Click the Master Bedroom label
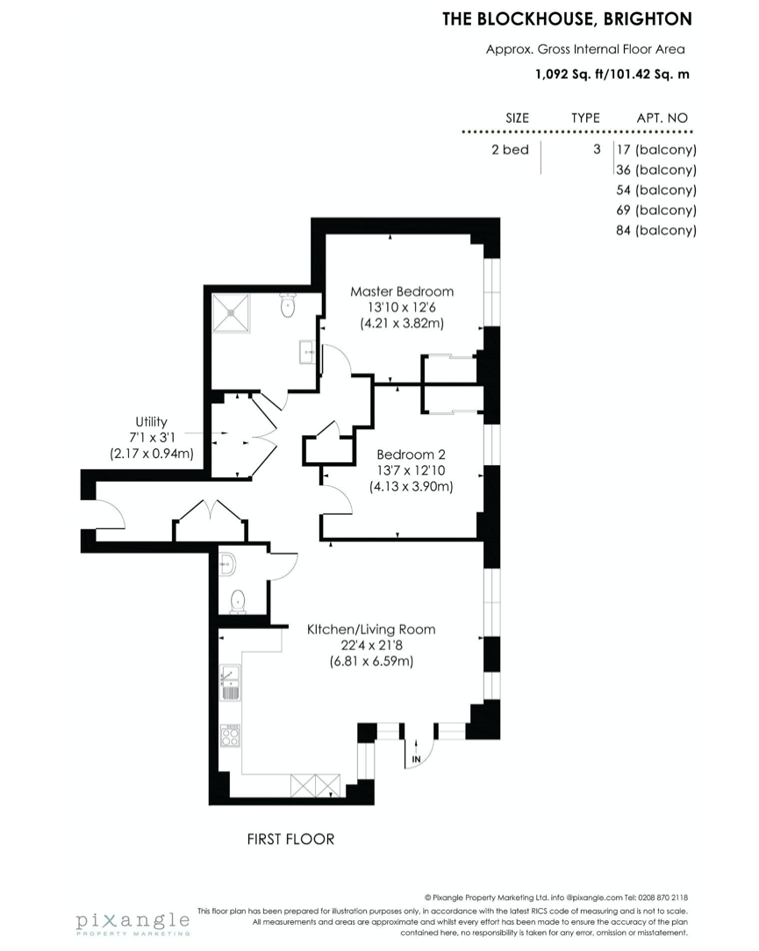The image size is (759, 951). [x=402, y=291]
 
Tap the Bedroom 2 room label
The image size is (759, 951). [x=411, y=454]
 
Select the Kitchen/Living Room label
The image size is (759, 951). [x=371, y=630]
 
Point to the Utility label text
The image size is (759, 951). [x=151, y=421]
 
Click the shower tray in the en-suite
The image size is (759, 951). [x=231, y=312]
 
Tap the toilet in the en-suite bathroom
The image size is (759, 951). [x=288, y=305]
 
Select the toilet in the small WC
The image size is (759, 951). [x=238, y=602]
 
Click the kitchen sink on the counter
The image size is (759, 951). [x=231, y=683]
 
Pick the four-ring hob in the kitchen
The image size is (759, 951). [x=230, y=734]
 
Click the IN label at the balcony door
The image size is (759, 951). [x=416, y=759]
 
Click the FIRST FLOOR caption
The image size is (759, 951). [x=290, y=839]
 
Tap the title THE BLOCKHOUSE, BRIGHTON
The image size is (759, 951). [x=568, y=19]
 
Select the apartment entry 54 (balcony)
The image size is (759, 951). [x=655, y=189]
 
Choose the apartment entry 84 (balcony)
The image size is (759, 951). [x=655, y=230]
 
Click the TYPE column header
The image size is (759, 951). [x=585, y=118]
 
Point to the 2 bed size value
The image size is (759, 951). [x=510, y=149]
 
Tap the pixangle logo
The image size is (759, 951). [x=132, y=923]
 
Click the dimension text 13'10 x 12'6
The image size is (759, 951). [x=402, y=307]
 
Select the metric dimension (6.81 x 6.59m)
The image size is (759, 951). [x=371, y=661]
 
